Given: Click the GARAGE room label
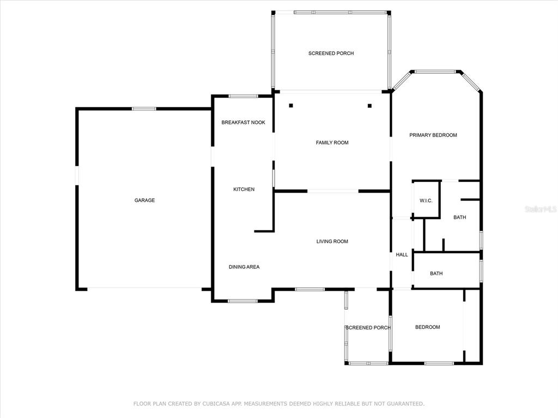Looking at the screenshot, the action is coord(144,200).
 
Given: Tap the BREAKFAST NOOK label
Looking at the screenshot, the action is coord(244,122).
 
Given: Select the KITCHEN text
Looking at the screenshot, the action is coord(244,189).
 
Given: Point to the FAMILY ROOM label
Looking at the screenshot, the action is coord(332,143).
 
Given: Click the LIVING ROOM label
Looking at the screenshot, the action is coord(332,242).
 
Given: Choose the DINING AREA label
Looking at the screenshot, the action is coord(244,267).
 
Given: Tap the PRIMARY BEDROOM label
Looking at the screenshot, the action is coord(433,135).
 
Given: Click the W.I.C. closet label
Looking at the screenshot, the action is coord(426,201).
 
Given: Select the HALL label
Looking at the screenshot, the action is coord(402,255).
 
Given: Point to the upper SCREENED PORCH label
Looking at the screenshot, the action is coord(331,53).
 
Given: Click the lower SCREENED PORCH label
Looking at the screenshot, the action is coord(368,328).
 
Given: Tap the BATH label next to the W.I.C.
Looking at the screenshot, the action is coord(460,218).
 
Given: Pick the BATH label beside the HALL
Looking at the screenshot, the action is coord(436,274).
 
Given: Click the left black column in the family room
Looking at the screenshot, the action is coord(291,106).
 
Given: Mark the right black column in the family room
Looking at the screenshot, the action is coord(370,106).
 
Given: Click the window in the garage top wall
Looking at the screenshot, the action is coord(144,109).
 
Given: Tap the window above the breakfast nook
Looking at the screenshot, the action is coord(243,96).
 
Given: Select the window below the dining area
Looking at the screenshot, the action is coord(242,301).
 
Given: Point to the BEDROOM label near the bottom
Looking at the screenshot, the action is coord(427,327).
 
